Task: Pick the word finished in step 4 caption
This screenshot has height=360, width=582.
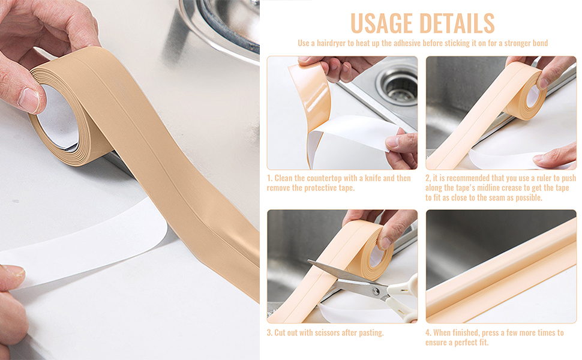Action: (x=465, y=332)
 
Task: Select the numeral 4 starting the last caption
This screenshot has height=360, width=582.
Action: (x=428, y=332)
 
